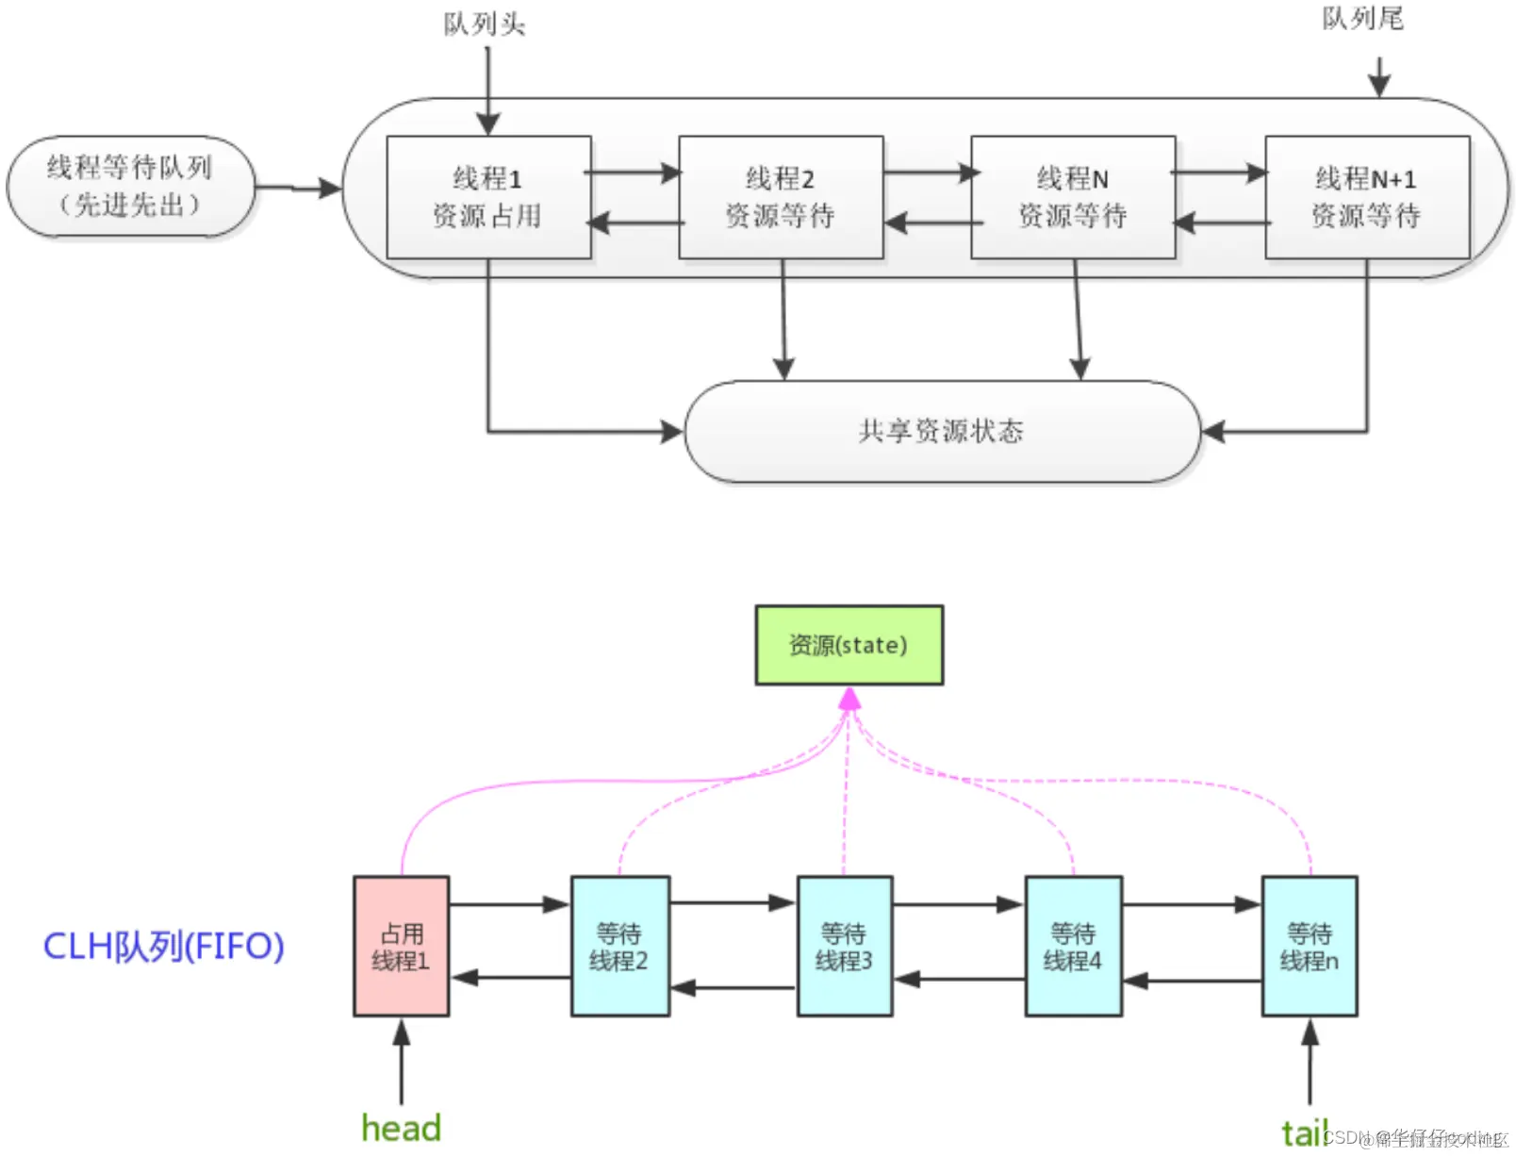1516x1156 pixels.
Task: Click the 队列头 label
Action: (484, 24)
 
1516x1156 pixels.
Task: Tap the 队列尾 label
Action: (1361, 19)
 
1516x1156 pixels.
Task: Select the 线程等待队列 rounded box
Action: (130, 186)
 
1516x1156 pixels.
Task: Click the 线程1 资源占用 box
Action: (488, 197)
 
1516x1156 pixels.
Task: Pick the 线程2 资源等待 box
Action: (781, 197)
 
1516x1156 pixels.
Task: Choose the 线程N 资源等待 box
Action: (1073, 197)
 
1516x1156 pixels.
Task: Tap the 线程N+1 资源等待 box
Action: (1366, 197)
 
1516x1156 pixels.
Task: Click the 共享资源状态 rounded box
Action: (942, 432)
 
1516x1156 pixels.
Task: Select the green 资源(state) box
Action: (849, 645)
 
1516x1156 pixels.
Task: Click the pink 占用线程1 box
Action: (401, 947)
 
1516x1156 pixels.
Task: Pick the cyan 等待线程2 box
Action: (619, 947)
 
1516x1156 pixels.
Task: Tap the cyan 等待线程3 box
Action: (844, 947)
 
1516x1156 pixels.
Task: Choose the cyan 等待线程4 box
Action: (1073, 947)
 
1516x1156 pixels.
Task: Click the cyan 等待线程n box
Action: (1310, 947)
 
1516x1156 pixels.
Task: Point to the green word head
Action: (401, 1128)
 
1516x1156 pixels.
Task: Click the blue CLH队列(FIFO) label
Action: (164, 947)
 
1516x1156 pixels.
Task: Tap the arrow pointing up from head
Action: (402, 1061)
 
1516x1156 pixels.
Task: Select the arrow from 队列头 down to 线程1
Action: (487, 90)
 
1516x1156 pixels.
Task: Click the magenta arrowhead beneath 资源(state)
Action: (849, 699)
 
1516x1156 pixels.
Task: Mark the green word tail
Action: (1303, 1132)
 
